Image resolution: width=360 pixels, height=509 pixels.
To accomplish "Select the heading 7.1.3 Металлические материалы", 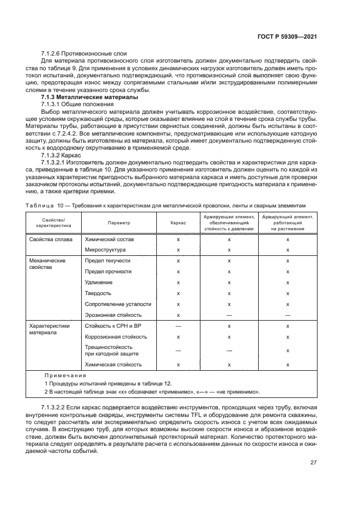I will tap(80, 96).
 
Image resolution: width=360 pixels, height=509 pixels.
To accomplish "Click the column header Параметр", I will tap(118, 223).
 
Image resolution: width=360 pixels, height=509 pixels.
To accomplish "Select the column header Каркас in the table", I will tap(178, 223).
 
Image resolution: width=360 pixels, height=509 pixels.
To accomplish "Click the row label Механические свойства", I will tap(47, 264).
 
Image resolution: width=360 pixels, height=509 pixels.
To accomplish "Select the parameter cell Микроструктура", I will tap(106, 250).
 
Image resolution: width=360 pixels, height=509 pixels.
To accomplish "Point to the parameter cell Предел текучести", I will tap(108, 261).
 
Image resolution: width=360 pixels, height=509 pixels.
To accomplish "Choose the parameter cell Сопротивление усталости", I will tap(117, 304).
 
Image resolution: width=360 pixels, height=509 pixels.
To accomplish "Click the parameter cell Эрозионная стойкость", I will tap(113, 315).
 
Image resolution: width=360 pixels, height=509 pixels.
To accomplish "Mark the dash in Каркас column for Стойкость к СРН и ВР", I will tap(178, 326).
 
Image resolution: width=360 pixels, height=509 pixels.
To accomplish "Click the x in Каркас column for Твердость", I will tap(178, 293).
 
